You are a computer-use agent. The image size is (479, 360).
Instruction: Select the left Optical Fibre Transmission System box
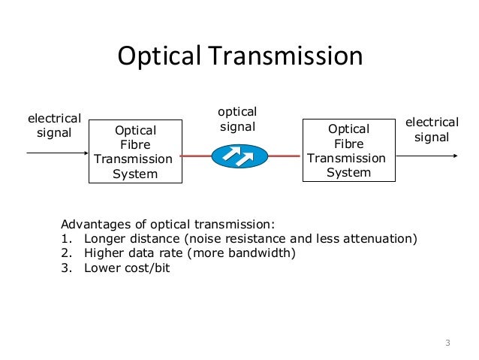click(x=135, y=151)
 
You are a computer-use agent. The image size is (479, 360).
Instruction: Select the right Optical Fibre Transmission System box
click(x=348, y=150)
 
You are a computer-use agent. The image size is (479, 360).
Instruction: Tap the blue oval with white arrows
click(x=239, y=156)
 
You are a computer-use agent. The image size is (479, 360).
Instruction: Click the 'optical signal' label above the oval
click(x=237, y=119)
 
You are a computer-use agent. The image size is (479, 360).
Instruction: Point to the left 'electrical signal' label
click(x=54, y=126)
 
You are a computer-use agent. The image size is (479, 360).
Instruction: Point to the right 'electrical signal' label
click(x=432, y=129)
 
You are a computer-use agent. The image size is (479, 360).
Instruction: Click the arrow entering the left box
click(x=57, y=153)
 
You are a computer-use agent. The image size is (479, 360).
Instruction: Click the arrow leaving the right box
click(x=426, y=156)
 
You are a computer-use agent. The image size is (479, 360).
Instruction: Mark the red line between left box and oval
click(x=197, y=156)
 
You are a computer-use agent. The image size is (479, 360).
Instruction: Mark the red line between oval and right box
click(x=285, y=156)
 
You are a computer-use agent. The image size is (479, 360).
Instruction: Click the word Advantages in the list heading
click(x=95, y=225)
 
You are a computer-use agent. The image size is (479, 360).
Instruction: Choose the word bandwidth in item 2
click(x=263, y=253)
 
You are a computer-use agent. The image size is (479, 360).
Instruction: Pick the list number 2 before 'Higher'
click(x=65, y=253)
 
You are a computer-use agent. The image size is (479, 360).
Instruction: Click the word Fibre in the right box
click(x=348, y=143)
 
